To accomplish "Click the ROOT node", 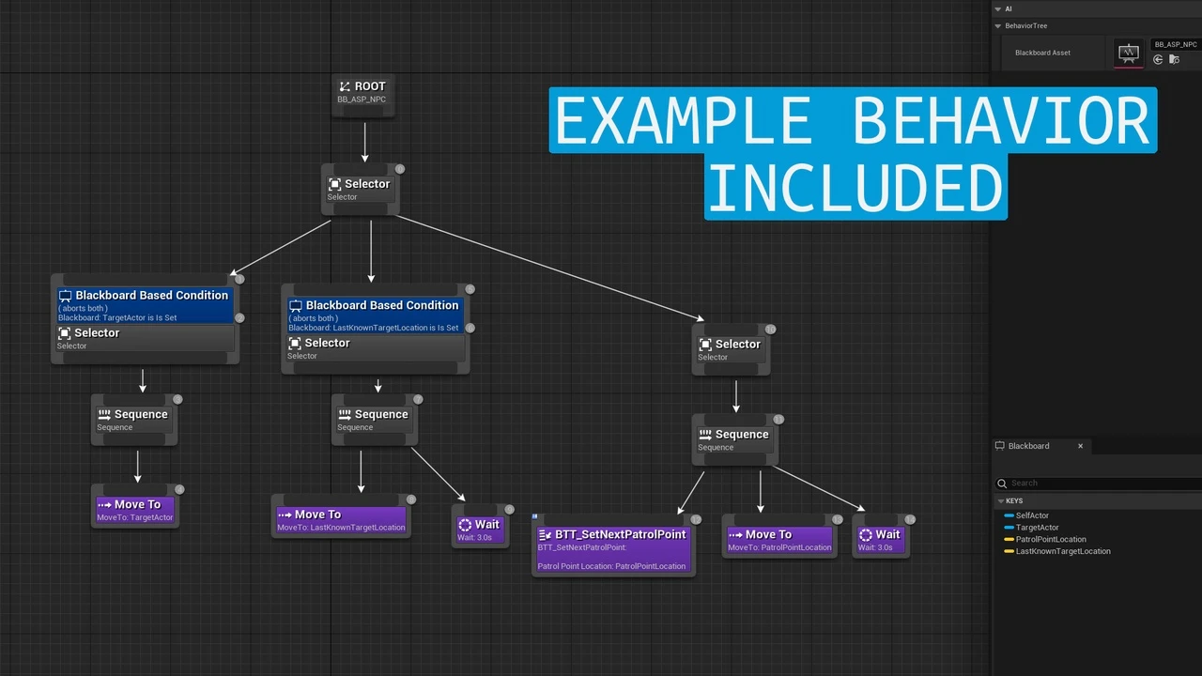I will coord(363,92).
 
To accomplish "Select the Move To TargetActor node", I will coord(135,510).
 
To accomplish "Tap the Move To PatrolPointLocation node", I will coord(779,540).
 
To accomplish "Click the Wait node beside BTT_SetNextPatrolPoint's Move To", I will coord(880,540).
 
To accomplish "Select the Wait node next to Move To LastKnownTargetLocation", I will coord(480,530).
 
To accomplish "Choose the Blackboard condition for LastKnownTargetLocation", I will coord(375,315).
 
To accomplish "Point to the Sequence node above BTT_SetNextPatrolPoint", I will coord(734,439).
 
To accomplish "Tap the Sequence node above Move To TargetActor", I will coord(133,420).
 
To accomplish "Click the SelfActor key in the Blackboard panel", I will coord(1032,515).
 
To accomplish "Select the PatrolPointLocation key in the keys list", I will coord(1050,540).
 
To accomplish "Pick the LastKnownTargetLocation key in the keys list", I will coord(1062,551).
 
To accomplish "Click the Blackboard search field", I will coord(1099,484).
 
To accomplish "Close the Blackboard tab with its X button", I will coord(1080,446).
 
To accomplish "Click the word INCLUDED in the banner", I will coord(855,188).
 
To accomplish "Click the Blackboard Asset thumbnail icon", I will coord(1129,54).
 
